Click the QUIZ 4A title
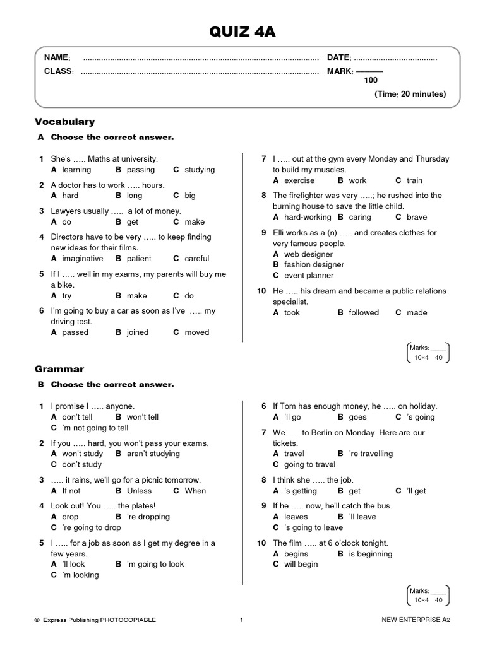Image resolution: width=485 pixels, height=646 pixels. coord(242,31)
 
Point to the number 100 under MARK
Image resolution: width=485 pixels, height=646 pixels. coord(371,81)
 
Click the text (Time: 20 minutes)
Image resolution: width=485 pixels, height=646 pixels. coord(410,94)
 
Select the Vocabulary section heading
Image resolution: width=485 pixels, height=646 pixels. coord(64,121)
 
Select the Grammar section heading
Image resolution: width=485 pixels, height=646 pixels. coord(59,368)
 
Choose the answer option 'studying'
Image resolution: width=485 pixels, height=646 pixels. coord(200,170)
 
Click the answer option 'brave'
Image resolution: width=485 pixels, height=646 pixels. coord(417,217)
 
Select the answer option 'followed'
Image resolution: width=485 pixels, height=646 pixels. coord(364,312)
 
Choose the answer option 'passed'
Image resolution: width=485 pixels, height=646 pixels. coord(75,332)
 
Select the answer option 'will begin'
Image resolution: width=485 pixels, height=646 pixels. coord(301,565)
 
